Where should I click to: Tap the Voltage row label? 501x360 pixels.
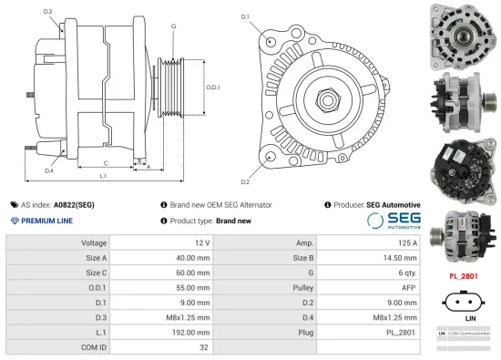[95, 243]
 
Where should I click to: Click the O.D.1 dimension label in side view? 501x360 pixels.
[212, 87]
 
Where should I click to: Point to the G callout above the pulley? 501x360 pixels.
[173, 26]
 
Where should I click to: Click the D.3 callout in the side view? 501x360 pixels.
[47, 11]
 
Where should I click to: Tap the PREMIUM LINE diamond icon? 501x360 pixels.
[15, 221]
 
